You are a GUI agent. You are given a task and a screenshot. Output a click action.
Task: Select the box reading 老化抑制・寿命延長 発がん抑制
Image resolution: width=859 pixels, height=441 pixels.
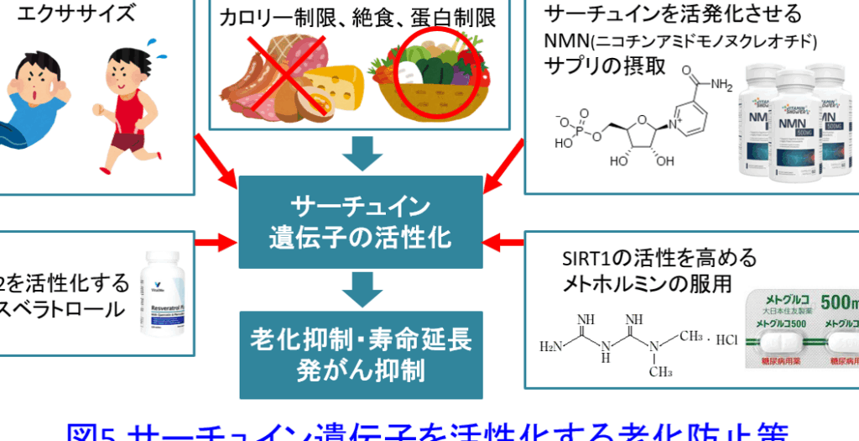pos(361,354)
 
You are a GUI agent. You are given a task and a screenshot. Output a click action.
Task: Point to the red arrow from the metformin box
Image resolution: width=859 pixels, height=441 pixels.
pos(506,243)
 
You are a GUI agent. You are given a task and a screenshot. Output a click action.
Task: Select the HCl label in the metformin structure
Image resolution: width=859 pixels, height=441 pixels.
pos(728,340)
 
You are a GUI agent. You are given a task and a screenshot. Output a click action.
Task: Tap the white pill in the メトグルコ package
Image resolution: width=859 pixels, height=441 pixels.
pos(783,339)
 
